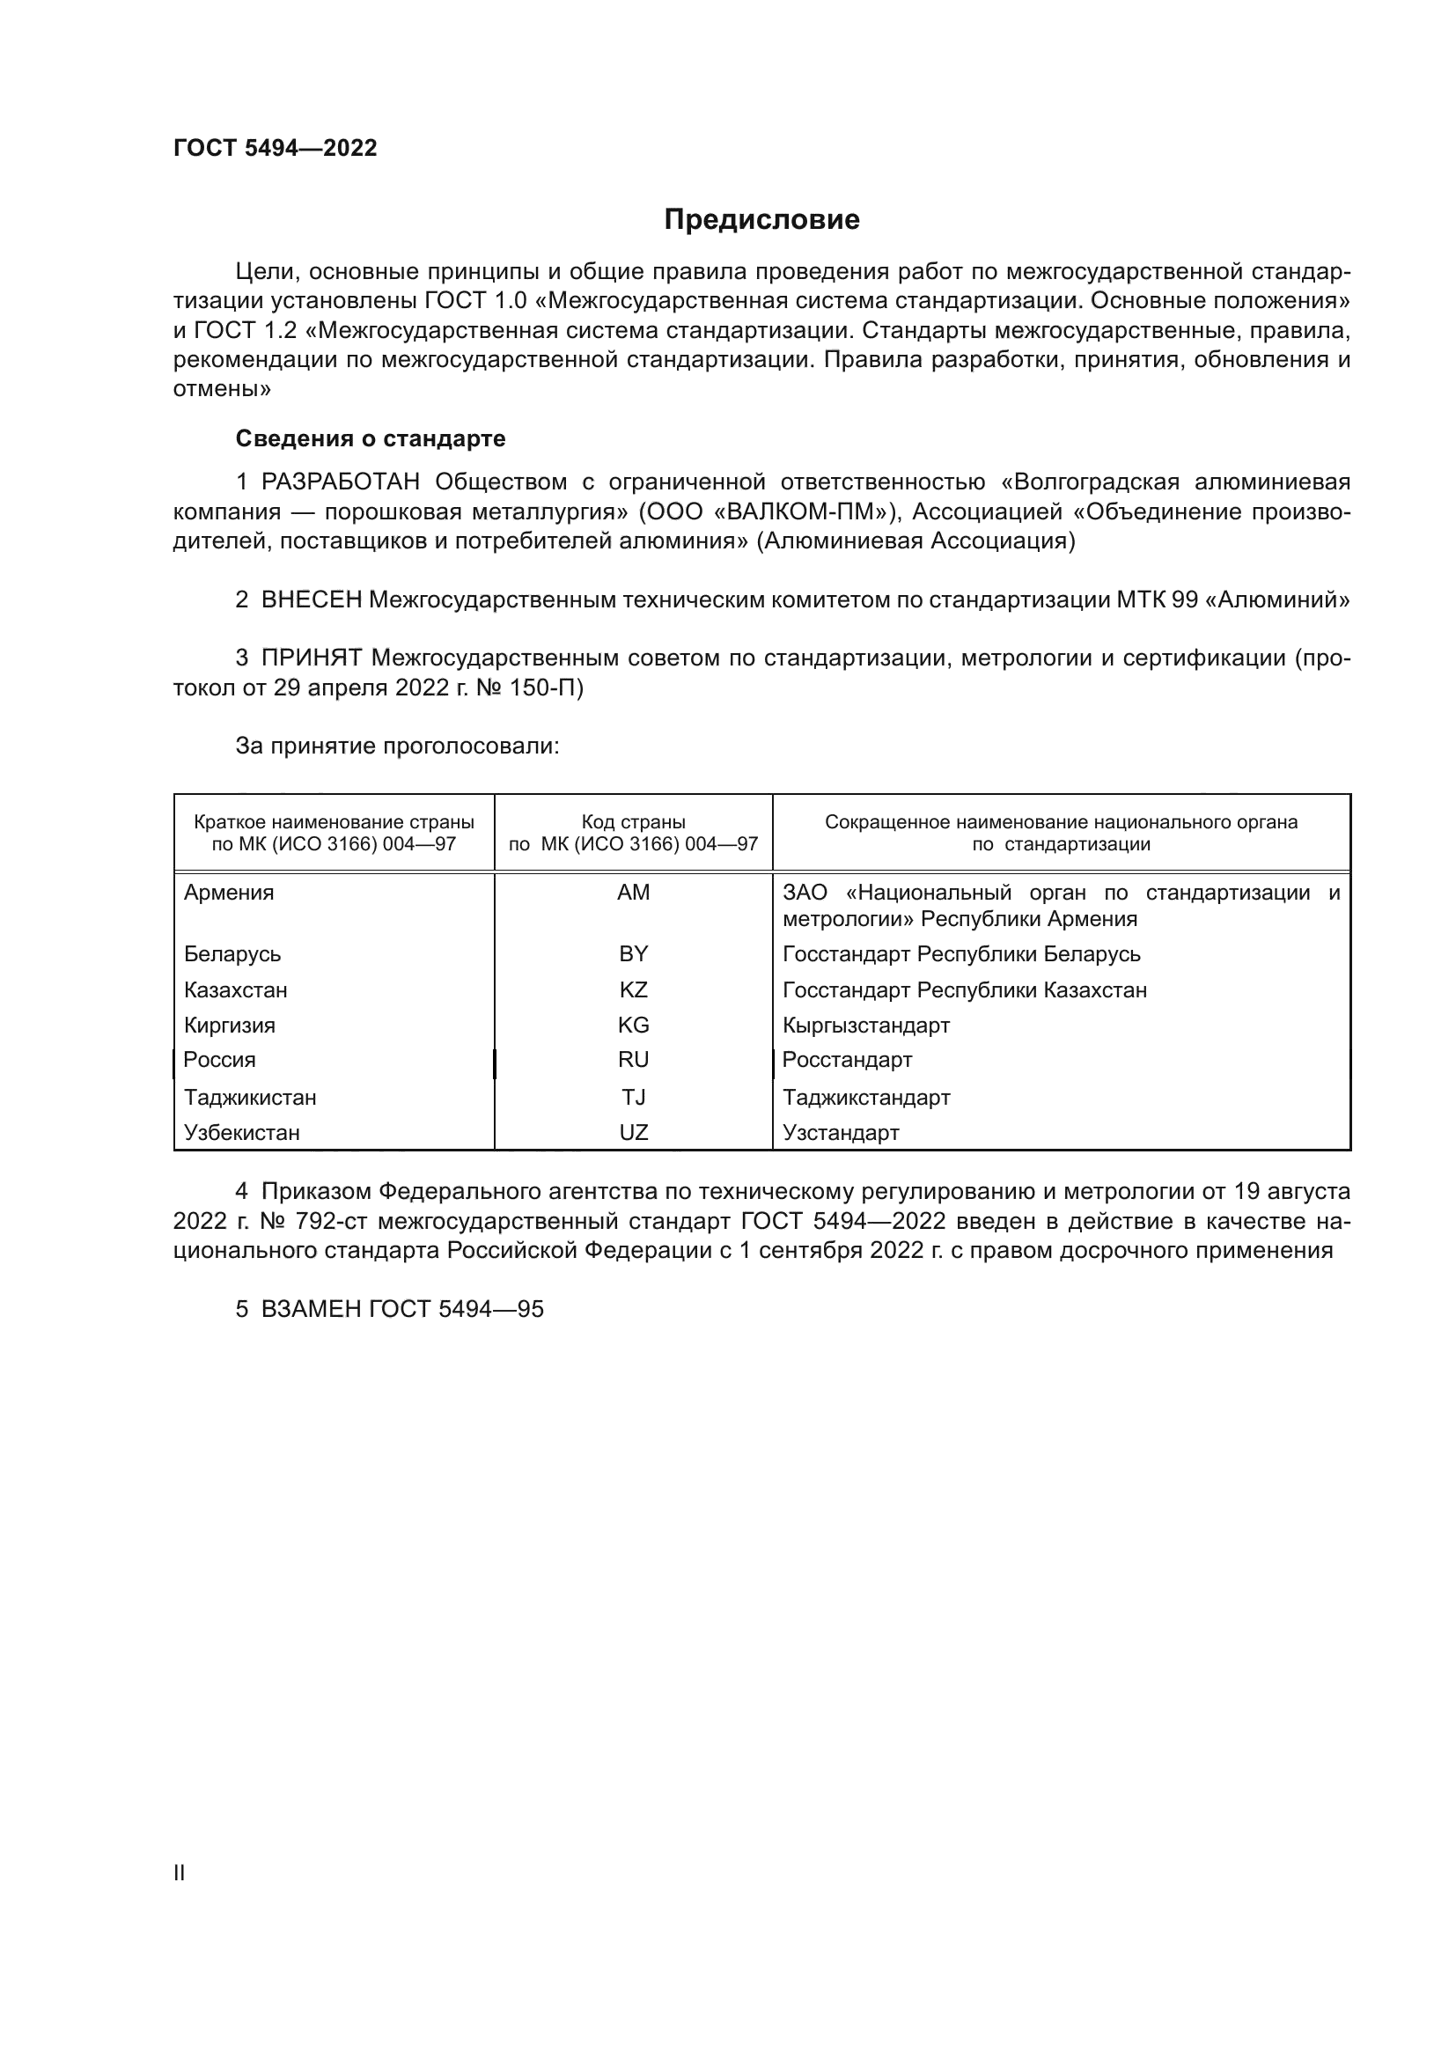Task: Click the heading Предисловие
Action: [x=761, y=220]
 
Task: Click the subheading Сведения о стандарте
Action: [x=371, y=438]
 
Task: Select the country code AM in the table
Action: [x=633, y=893]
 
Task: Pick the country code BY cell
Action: [x=633, y=953]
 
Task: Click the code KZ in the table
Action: [x=633, y=990]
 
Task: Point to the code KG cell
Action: [x=633, y=1025]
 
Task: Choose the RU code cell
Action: [x=633, y=1060]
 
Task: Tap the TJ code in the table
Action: [x=633, y=1098]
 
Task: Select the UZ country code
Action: [x=633, y=1133]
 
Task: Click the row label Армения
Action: [x=229, y=893]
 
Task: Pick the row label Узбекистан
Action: [x=241, y=1133]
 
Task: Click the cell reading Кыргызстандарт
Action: [x=865, y=1025]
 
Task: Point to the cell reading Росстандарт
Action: [x=846, y=1060]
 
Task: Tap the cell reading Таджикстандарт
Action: [x=866, y=1098]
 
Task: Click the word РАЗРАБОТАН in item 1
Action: [x=341, y=482]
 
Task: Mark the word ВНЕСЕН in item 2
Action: [x=311, y=600]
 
